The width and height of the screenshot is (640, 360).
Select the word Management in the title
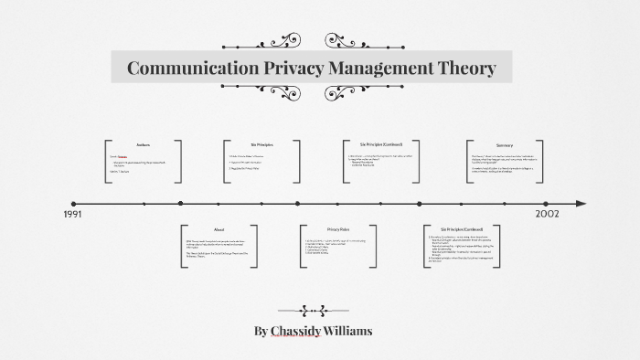click(x=370, y=68)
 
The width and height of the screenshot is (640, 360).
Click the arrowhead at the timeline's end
click(x=580, y=204)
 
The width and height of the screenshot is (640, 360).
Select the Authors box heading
click(x=144, y=145)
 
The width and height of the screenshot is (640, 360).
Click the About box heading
click(x=219, y=229)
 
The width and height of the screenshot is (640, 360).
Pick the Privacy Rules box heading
click(x=339, y=229)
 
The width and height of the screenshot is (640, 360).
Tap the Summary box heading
click(x=505, y=145)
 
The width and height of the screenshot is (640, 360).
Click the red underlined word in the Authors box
click(x=123, y=156)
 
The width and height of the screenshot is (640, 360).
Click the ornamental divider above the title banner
click(x=312, y=41)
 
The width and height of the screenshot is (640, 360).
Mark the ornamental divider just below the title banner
click(x=312, y=90)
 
